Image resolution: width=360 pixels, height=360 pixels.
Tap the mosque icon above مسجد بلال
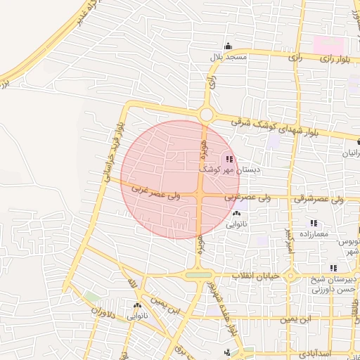[227, 46]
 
